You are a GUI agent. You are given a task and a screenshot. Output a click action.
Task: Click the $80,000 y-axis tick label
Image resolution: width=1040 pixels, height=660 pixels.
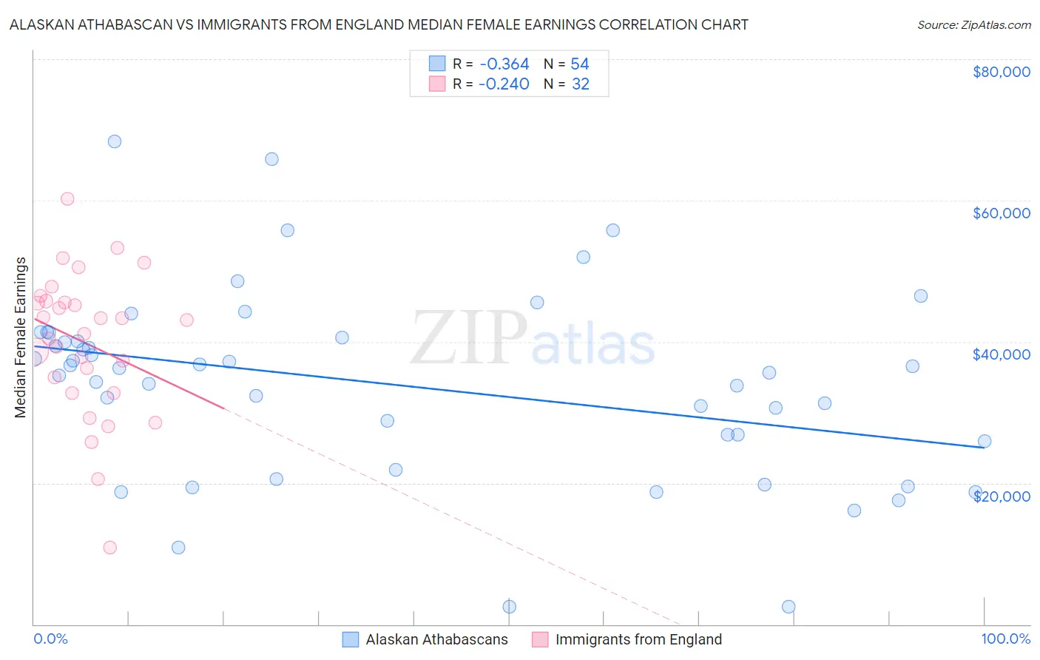pyautogui.click(x=1001, y=72)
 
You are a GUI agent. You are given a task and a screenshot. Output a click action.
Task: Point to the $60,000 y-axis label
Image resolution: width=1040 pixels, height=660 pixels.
pyautogui.click(x=1001, y=213)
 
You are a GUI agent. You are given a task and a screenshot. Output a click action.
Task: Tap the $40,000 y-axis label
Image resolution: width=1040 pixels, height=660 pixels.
pyautogui.click(x=1001, y=354)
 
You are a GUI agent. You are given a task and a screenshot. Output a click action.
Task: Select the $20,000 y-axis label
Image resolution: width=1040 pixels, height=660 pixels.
pyautogui.click(x=1001, y=496)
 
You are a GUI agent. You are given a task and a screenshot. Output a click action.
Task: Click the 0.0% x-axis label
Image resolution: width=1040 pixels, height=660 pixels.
pyautogui.click(x=50, y=639)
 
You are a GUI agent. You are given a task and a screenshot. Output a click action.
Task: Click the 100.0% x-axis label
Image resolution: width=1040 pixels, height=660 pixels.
pyautogui.click(x=1005, y=639)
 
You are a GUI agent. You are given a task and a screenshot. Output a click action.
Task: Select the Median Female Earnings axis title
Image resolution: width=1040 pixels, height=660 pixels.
pyautogui.click(x=21, y=337)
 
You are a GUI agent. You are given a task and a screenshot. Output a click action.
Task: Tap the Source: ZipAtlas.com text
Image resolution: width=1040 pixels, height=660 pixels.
pyautogui.click(x=973, y=24)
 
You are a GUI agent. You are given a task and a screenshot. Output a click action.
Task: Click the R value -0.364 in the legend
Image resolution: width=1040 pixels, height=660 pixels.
pyautogui.click(x=504, y=64)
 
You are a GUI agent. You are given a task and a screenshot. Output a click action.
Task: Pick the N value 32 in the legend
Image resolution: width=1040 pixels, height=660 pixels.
pyautogui.click(x=581, y=84)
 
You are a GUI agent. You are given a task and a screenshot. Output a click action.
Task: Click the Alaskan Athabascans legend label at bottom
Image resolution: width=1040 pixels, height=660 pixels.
pyautogui.click(x=436, y=639)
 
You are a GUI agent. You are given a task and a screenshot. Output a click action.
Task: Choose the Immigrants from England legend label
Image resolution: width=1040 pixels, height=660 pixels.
pyautogui.click(x=638, y=639)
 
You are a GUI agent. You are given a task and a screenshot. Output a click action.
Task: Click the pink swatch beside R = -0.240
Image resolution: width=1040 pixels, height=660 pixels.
pyautogui.click(x=437, y=84)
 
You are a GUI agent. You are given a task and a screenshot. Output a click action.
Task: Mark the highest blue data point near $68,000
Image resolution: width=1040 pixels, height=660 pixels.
pyautogui.click(x=115, y=141)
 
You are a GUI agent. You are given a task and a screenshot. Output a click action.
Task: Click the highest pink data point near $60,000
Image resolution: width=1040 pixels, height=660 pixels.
pyautogui.click(x=67, y=198)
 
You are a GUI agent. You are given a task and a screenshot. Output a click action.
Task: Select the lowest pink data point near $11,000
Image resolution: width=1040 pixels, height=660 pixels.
pyautogui.click(x=110, y=548)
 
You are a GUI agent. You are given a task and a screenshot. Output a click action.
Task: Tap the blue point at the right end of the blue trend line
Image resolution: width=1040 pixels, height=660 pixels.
pyautogui.click(x=985, y=441)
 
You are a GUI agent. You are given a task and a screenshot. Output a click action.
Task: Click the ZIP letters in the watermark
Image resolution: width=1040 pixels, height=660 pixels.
pyautogui.click(x=468, y=338)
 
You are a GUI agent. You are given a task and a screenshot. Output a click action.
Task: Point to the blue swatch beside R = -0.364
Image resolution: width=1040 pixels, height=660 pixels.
pyautogui.click(x=437, y=64)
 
